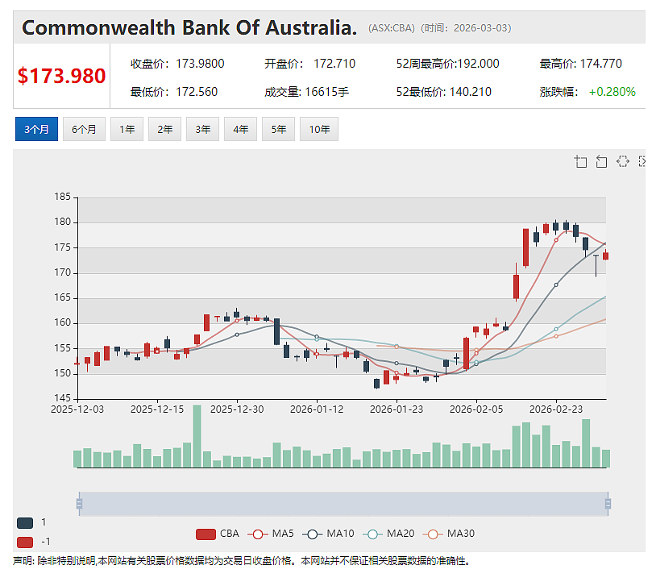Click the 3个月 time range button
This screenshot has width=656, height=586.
36,129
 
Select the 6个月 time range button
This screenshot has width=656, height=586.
84,129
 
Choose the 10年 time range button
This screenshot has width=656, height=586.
319,129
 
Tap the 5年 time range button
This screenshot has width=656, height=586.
279,129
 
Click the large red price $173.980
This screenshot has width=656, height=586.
61,76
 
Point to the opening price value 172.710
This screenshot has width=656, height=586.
334,64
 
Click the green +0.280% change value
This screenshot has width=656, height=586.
612,92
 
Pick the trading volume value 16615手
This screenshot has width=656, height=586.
326,92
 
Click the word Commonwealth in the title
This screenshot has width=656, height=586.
99,28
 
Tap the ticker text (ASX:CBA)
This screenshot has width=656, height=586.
392,28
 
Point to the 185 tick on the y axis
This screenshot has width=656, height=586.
62,197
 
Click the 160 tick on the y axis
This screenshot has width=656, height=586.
62,322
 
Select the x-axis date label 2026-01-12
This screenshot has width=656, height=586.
317,409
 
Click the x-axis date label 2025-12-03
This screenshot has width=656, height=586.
77,409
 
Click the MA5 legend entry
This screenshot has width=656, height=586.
271,534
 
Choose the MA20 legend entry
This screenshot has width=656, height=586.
388,534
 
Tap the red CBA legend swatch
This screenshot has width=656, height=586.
206,534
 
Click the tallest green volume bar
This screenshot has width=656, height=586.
197,436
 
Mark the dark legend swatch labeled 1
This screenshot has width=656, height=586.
25,523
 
